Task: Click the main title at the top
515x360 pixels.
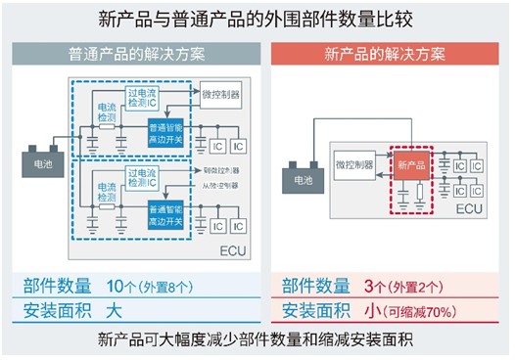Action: [257, 18]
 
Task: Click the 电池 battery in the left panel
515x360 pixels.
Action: [42, 162]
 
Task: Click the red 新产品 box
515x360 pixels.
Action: [412, 165]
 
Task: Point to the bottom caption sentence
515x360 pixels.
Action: [257, 341]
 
